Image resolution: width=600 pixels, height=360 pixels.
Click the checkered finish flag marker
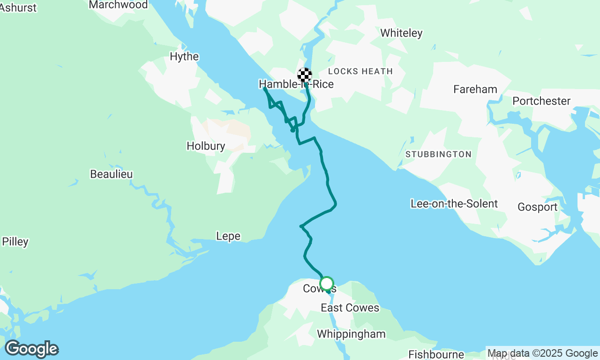pyautogui.click(x=305, y=75)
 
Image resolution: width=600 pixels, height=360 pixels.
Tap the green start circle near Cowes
pyautogui.click(x=327, y=284)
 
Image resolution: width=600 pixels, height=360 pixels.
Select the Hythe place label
pyautogui.click(x=184, y=57)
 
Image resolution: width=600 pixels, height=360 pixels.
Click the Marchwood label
pyautogui.click(x=118, y=5)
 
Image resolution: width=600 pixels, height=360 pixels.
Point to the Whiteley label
pyautogui.click(x=401, y=33)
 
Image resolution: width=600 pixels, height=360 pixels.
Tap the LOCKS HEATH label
pyautogui.click(x=360, y=71)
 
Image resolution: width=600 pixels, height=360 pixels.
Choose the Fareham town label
pyautogui.click(x=475, y=89)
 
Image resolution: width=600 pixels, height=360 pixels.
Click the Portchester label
pyautogui.click(x=541, y=101)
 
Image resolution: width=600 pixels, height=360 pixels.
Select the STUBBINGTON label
pyautogui.click(x=438, y=154)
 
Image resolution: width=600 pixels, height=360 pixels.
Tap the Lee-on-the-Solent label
pyautogui.click(x=454, y=204)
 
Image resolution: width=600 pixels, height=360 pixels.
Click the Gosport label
pyautogui.click(x=537, y=207)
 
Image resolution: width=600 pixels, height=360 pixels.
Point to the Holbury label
pyautogui.click(x=206, y=146)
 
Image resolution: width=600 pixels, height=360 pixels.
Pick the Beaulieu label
pyautogui.click(x=111, y=174)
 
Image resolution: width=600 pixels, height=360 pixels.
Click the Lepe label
pyautogui.click(x=228, y=236)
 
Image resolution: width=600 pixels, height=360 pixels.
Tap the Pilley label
pyautogui.click(x=15, y=242)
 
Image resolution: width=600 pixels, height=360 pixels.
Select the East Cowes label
pyautogui.click(x=350, y=307)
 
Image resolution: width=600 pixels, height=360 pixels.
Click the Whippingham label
pyautogui.click(x=351, y=334)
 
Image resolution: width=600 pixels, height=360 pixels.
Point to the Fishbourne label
pyautogui.click(x=436, y=354)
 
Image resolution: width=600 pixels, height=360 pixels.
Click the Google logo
pyautogui.click(x=31, y=349)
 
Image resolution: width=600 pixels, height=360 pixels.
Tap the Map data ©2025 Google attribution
pyautogui.click(x=542, y=353)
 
